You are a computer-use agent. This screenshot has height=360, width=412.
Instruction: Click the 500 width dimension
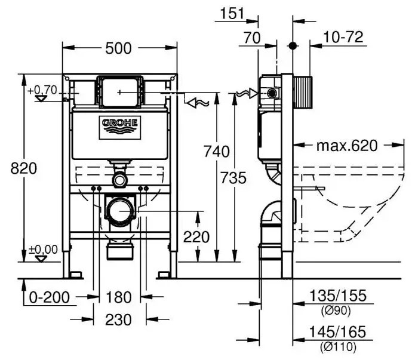pos(118,48)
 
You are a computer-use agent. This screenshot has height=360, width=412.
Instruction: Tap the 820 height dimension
pos(24,168)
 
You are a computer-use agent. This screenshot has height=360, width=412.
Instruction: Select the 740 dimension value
pos(217,152)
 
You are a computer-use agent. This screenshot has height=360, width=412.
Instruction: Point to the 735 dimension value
pos(233,178)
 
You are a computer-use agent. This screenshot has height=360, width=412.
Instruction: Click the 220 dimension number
pos(196,237)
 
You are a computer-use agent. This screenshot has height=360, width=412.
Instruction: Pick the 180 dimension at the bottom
pos(118,297)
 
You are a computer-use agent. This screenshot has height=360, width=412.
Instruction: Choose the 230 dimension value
pos(118,320)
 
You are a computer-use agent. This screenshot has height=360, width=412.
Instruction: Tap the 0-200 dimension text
pos(50,297)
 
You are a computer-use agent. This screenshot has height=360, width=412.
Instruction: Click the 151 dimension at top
pos(232,13)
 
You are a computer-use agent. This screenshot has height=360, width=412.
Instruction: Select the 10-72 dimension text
pos(343,37)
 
